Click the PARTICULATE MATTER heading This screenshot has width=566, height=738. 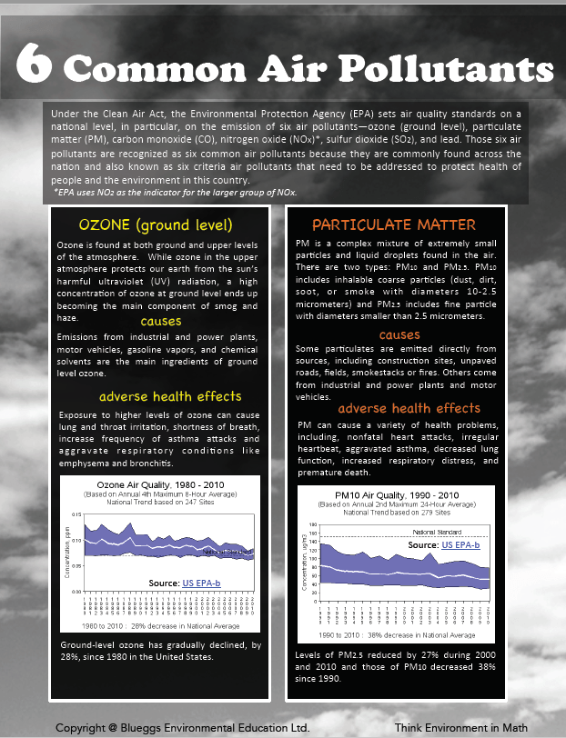pos(393,224)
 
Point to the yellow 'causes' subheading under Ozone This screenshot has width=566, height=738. pos(160,321)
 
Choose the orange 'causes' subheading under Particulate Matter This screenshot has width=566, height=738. pos(399,334)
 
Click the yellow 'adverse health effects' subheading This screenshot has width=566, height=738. pos(170,396)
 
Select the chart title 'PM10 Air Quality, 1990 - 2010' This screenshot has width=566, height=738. pos(395,495)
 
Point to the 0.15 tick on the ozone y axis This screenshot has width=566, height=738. pos(76,514)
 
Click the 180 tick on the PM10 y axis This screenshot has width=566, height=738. pos(311,525)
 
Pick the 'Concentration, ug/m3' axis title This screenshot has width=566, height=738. pos(302,563)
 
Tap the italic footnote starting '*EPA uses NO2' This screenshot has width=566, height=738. pos(175,193)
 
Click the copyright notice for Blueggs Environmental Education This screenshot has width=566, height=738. pos(182,728)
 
